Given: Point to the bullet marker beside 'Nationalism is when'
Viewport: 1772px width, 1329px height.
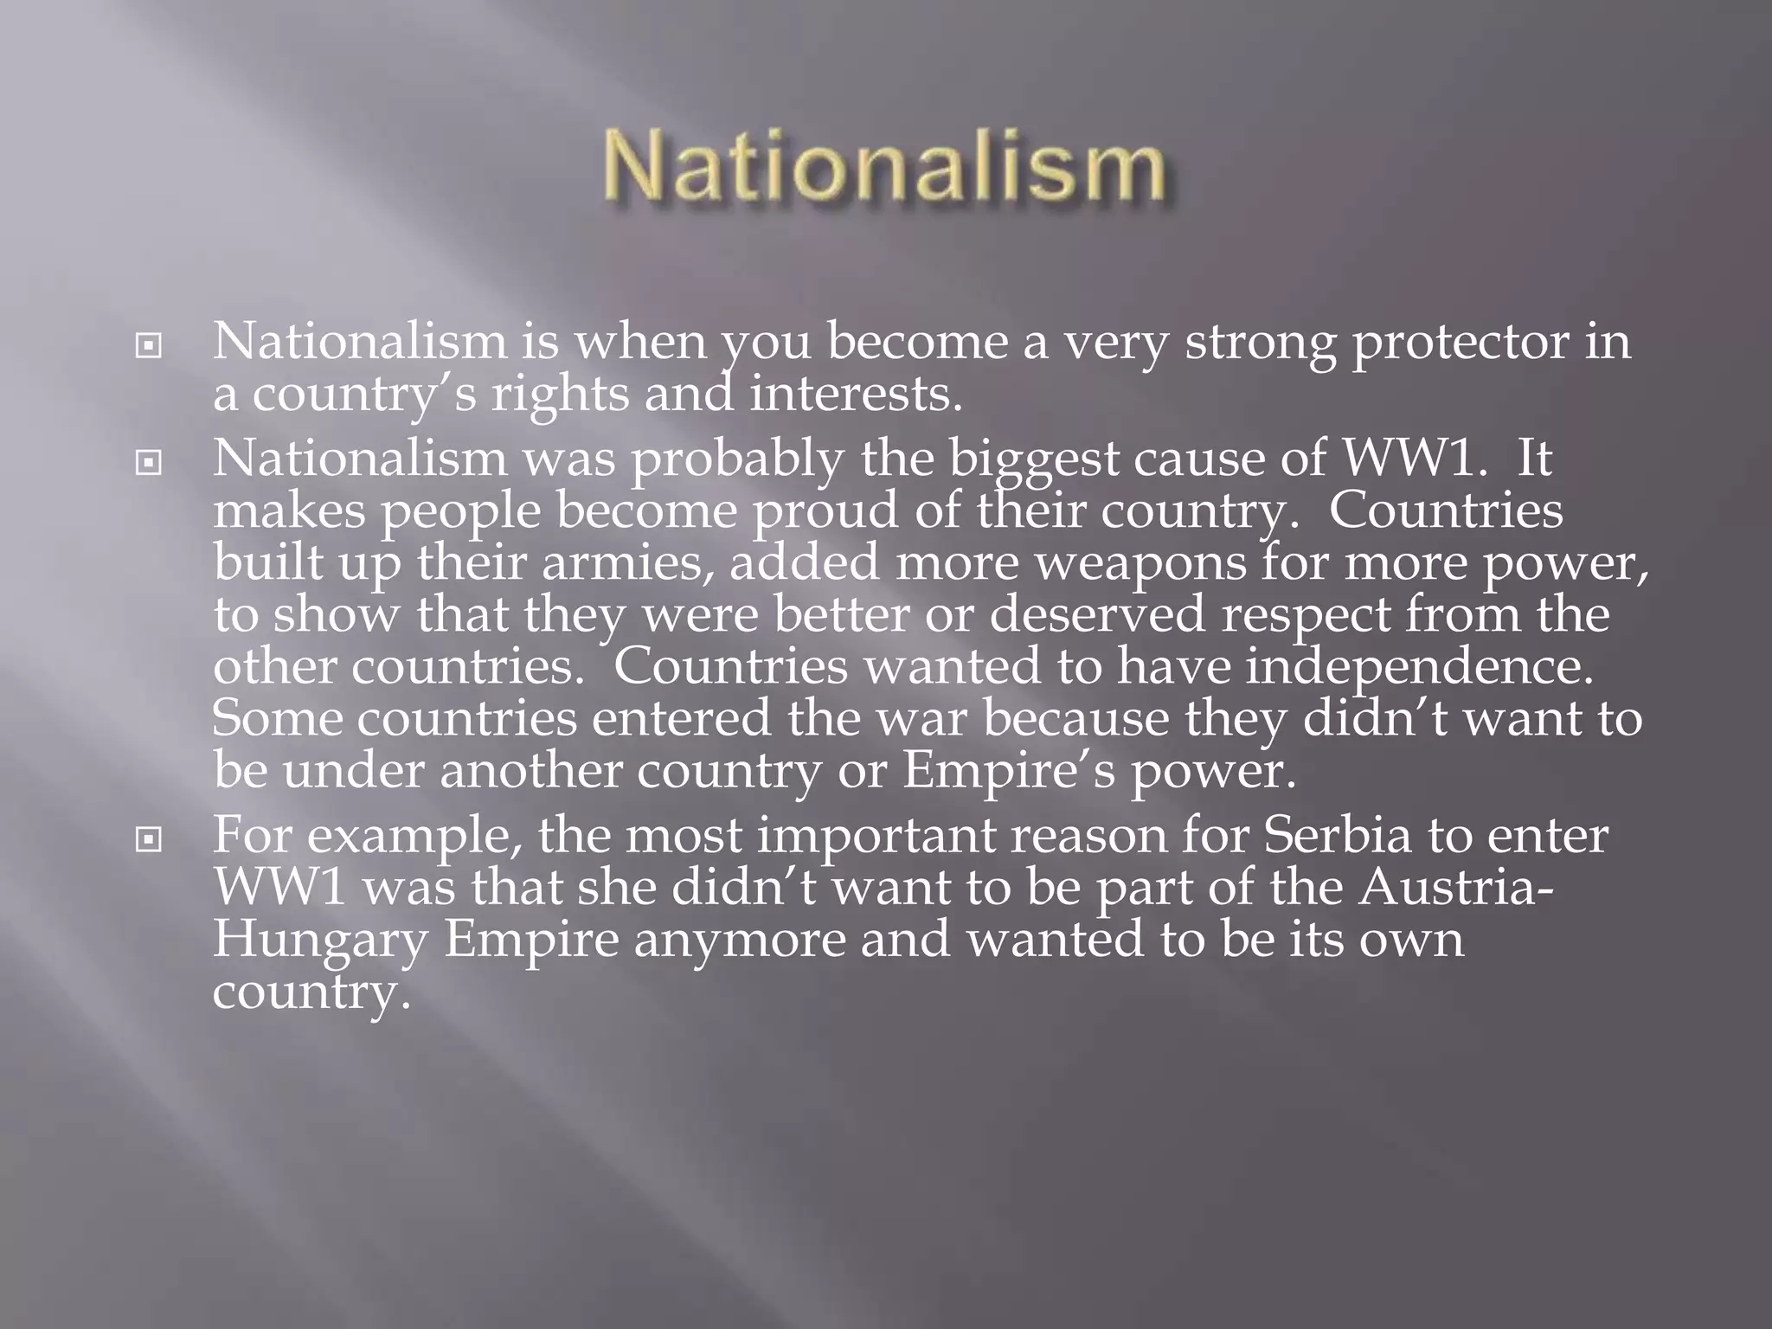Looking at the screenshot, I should [x=149, y=346].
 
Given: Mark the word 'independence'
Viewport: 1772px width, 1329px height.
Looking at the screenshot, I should [x=1419, y=668].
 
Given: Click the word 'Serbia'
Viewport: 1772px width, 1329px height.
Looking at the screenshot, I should [x=1337, y=837].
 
